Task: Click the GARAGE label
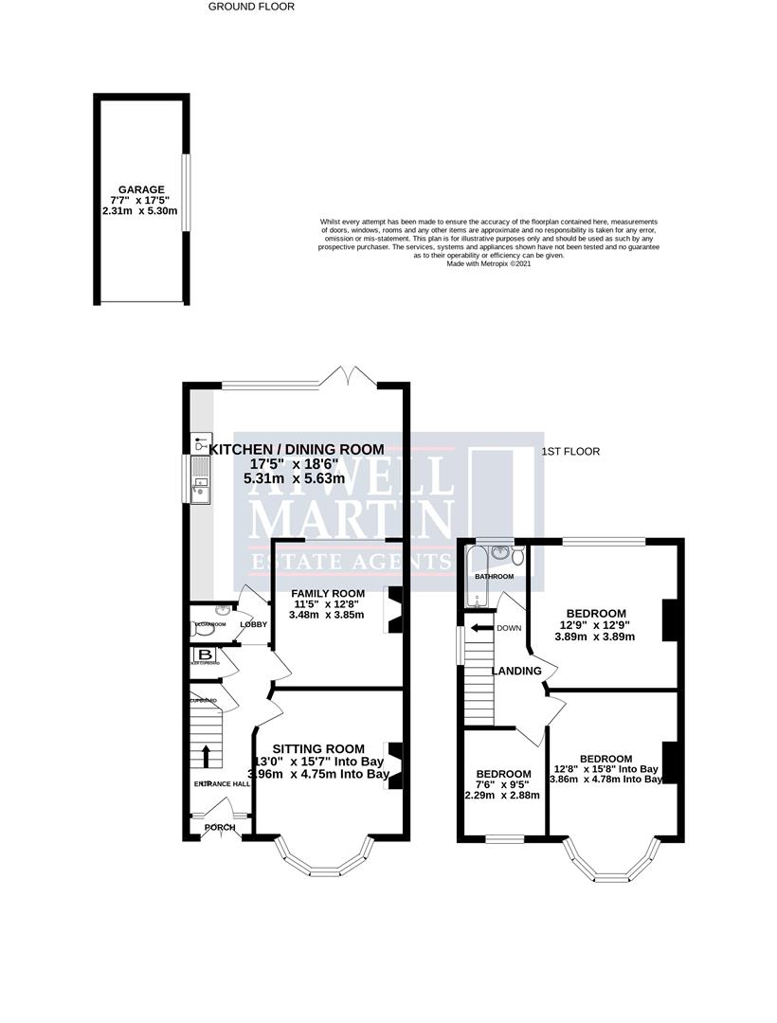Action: coord(141,189)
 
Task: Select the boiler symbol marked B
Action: coord(204,655)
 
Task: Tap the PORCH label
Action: coord(220,827)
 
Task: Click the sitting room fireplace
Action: coord(395,763)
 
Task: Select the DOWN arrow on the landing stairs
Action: coord(482,628)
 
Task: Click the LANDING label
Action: coord(515,671)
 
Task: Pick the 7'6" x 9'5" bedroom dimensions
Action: coord(502,784)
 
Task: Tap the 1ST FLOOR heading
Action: coord(570,452)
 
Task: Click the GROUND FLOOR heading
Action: coord(251,7)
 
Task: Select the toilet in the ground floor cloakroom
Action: coord(199,626)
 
